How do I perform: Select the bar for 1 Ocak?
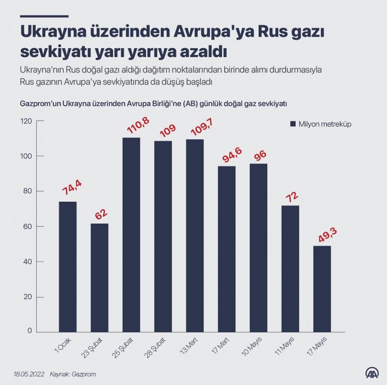(68, 266)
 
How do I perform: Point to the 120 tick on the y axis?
(26, 121)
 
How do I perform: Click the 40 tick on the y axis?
(28, 262)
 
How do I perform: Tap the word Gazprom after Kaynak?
(84, 374)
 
